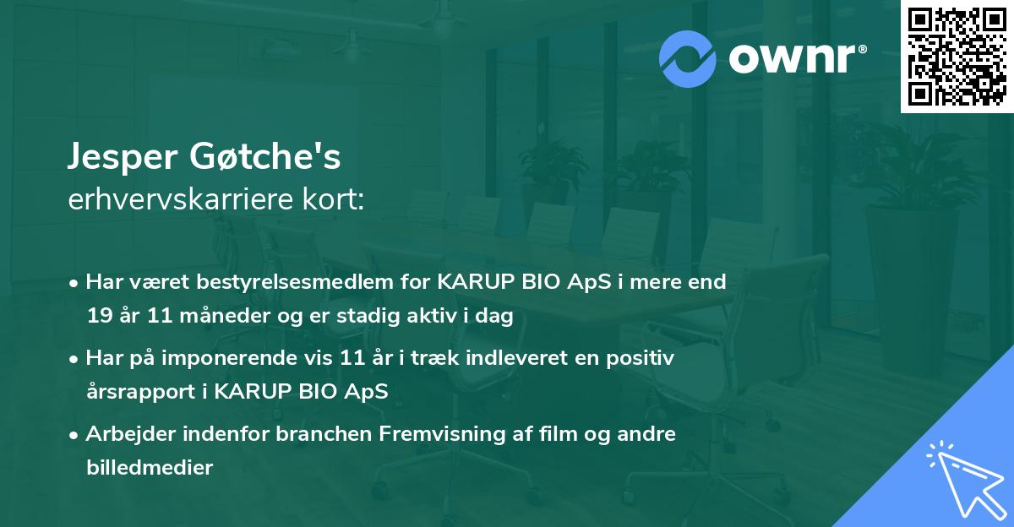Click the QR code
click(957, 57)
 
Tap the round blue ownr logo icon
click(687, 58)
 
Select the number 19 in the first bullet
click(99, 316)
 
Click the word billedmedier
click(149, 468)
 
